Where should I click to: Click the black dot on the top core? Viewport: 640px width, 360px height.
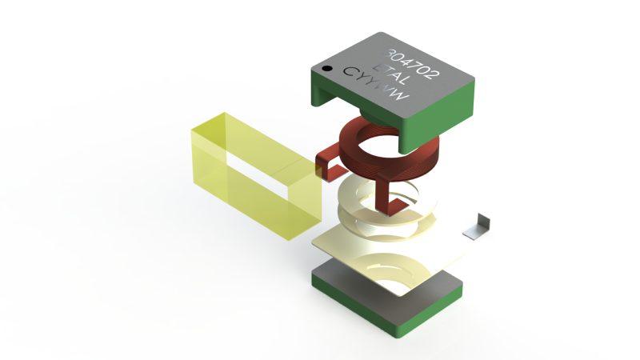coord(327,70)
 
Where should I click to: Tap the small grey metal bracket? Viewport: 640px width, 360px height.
coord(479,227)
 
